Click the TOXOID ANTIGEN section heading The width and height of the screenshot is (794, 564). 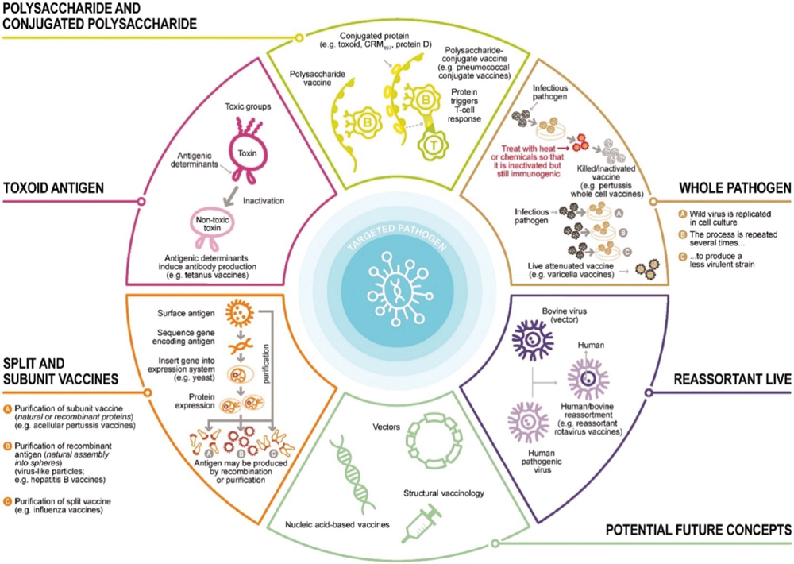(x=53, y=188)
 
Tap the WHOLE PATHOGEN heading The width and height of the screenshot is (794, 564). (x=735, y=188)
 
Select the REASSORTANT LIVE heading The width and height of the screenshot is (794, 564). (x=732, y=379)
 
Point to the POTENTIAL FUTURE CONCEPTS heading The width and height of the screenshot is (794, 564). (x=699, y=530)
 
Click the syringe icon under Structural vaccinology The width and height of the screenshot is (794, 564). (x=422, y=522)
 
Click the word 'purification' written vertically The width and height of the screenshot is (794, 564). (x=267, y=363)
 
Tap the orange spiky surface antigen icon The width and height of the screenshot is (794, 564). (x=240, y=313)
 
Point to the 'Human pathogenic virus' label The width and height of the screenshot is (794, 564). (x=542, y=462)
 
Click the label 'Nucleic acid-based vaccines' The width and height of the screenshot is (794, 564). (x=337, y=524)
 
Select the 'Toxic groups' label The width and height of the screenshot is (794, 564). (x=248, y=107)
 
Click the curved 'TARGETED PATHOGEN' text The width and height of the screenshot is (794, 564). (x=397, y=238)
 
